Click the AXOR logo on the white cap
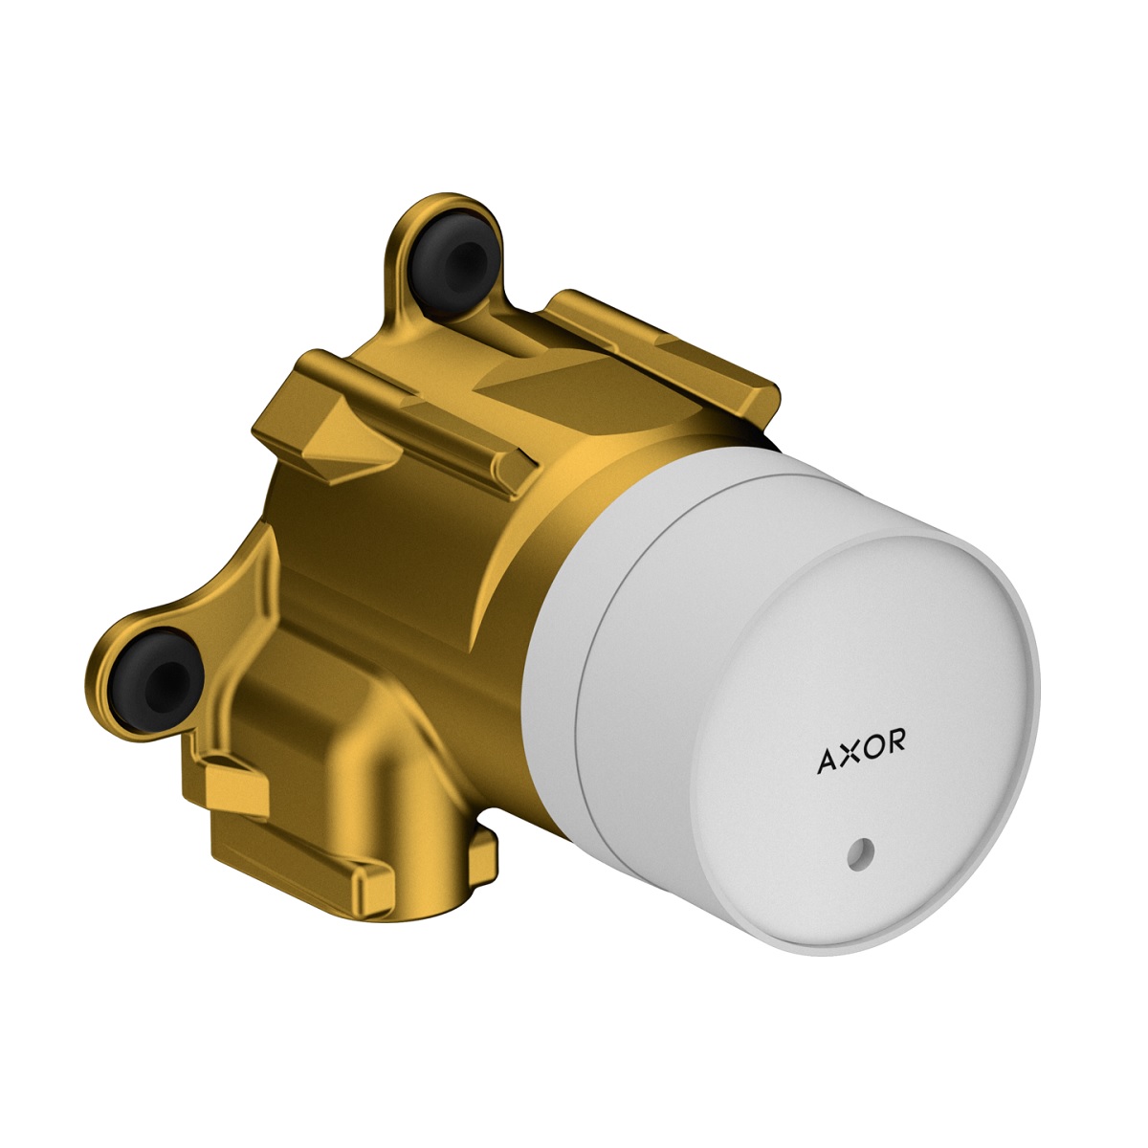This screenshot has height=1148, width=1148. pos(861,751)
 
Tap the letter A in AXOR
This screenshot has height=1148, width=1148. pos(828,762)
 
